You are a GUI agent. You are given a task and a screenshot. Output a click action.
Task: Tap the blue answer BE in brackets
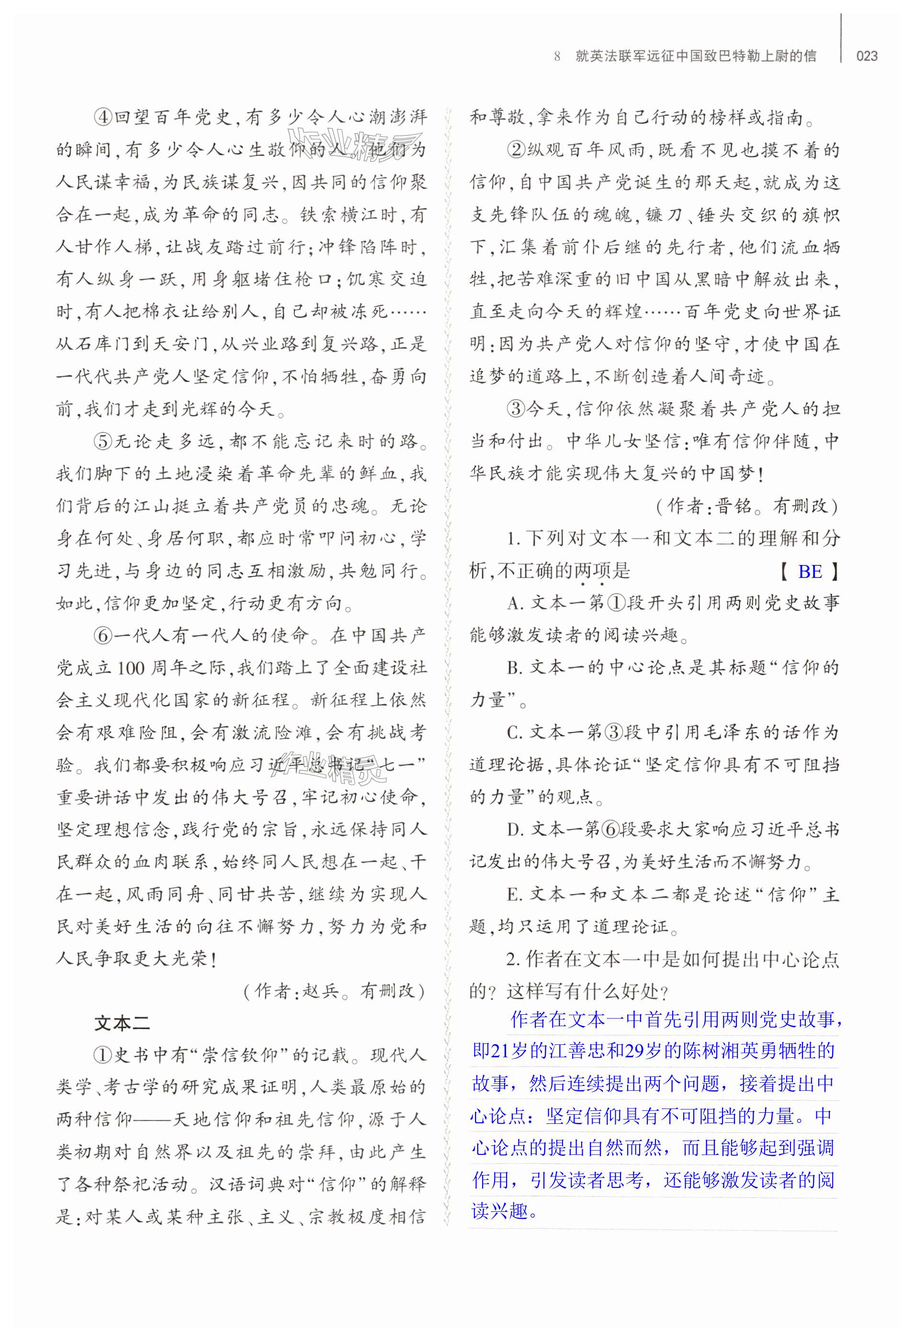pos(810,571)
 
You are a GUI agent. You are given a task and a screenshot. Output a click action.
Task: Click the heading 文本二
pos(122,1023)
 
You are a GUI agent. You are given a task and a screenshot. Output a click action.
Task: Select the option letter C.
pos(514,733)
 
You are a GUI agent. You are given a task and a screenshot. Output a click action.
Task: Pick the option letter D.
pos(514,830)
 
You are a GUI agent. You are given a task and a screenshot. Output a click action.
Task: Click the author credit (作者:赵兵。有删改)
pos(334,991)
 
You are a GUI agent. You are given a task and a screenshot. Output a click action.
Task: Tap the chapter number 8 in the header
pos(557,56)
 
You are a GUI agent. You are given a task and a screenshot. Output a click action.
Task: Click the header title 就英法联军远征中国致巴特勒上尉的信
pos(696,56)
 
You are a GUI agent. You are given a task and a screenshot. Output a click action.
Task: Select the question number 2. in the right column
pos(513,959)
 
